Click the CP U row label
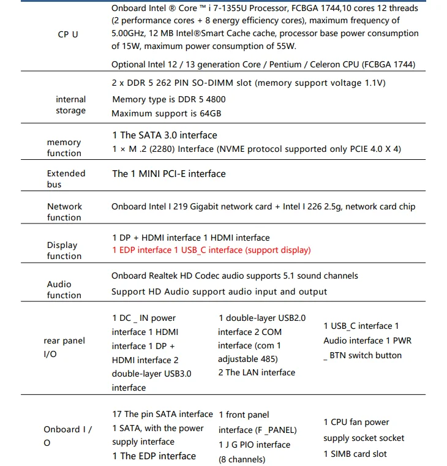(67, 34)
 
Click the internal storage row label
(70, 105)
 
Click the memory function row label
(64, 148)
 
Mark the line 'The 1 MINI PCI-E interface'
(169, 174)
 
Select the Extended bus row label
(66, 179)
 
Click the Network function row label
(64, 212)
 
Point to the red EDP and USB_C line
(211, 250)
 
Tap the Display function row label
(63, 250)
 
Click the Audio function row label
(64, 290)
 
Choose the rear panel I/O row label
(64, 347)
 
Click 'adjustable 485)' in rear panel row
(247, 359)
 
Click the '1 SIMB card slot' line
(355, 454)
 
